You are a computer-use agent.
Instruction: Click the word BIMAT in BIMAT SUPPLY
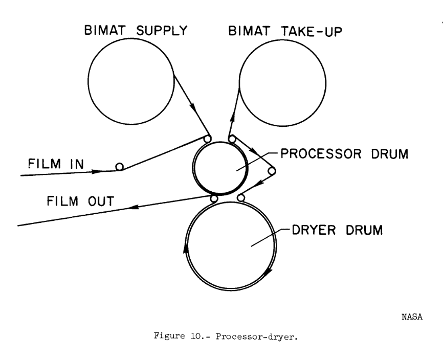pyautogui.click(x=104, y=30)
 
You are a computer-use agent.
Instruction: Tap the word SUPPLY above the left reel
pyautogui.click(x=162, y=31)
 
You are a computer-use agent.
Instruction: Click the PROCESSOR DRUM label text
pyautogui.click(x=344, y=154)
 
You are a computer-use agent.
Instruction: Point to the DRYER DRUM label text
pyautogui.click(x=337, y=230)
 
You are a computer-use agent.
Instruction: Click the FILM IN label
pyautogui.click(x=56, y=164)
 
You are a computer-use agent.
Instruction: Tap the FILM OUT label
pyautogui.click(x=80, y=201)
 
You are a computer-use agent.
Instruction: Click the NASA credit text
pyautogui.click(x=412, y=317)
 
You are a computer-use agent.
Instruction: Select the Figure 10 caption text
pyautogui.click(x=226, y=336)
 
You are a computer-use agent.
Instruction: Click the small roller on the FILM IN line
pyautogui.click(x=120, y=167)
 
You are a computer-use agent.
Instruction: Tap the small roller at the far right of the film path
pyautogui.click(x=272, y=171)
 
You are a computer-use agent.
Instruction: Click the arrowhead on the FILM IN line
pyautogui.click(x=97, y=171)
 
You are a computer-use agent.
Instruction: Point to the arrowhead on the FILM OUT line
pyautogui.click(x=135, y=207)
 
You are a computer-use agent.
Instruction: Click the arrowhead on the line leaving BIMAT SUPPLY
pyautogui.click(x=192, y=107)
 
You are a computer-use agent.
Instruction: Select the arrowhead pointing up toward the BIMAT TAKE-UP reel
pyautogui.click(x=232, y=118)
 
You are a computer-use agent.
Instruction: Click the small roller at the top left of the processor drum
pyautogui.click(x=207, y=139)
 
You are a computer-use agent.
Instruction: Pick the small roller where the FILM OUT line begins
pyautogui.click(x=214, y=198)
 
